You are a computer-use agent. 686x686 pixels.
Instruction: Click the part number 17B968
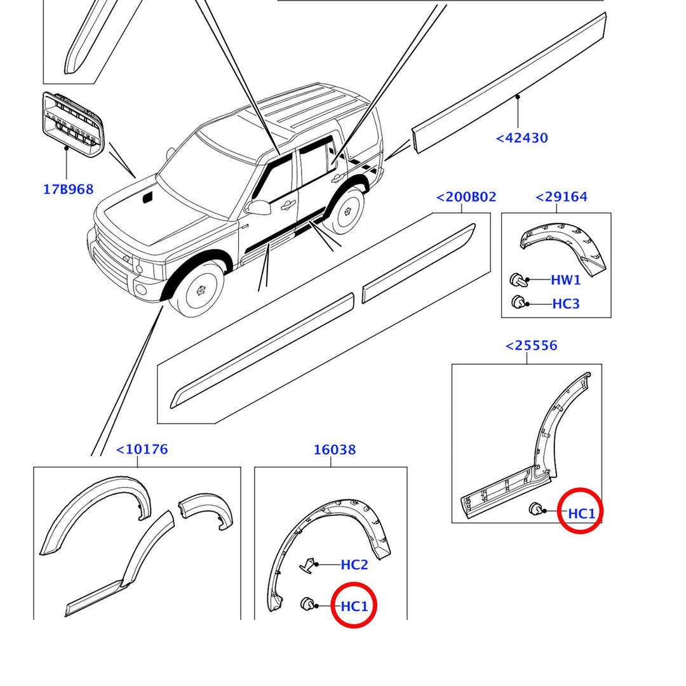(x=68, y=189)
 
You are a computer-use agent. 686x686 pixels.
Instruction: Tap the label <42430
(x=521, y=138)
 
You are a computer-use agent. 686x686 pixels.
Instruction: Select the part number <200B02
(x=466, y=198)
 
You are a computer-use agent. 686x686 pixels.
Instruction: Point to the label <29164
(x=562, y=197)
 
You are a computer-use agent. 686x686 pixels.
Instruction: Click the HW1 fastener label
(x=565, y=280)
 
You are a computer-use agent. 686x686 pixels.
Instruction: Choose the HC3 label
(x=565, y=304)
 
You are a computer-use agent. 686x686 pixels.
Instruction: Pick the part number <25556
(x=531, y=346)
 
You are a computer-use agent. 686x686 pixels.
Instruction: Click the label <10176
(x=142, y=450)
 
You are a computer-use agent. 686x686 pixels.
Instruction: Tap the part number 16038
(x=335, y=450)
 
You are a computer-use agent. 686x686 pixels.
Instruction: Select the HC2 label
(x=354, y=565)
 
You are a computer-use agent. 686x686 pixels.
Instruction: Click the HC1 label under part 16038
(x=354, y=607)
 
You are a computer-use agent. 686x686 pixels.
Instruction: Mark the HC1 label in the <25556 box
(x=581, y=513)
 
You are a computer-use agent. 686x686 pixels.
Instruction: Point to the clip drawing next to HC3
(x=518, y=302)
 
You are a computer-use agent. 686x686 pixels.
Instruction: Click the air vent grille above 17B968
(x=72, y=124)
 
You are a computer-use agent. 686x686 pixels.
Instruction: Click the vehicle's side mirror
(x=260, y=207)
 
